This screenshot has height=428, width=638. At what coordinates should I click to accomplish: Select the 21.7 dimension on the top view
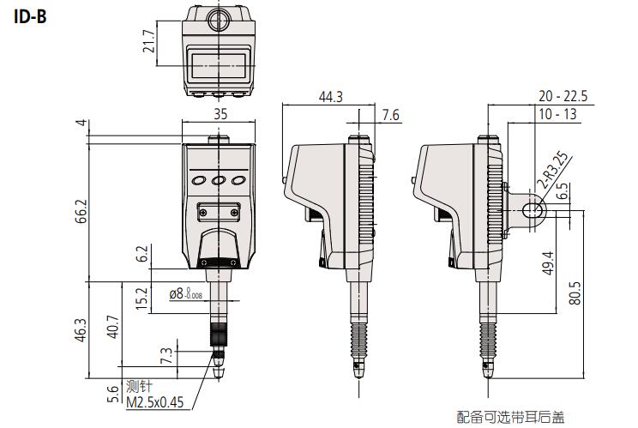[149, 43]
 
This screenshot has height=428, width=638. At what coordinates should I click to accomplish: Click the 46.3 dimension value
[81, 330]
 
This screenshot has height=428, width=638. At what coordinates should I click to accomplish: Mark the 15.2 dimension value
[142, 298]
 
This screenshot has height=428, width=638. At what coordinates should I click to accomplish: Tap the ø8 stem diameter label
[185, 293]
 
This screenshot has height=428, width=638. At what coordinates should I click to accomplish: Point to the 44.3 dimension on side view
[330, 97]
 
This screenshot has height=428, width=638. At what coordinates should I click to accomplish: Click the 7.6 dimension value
[390, 114]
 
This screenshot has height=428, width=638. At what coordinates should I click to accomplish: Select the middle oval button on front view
[219, 181]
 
